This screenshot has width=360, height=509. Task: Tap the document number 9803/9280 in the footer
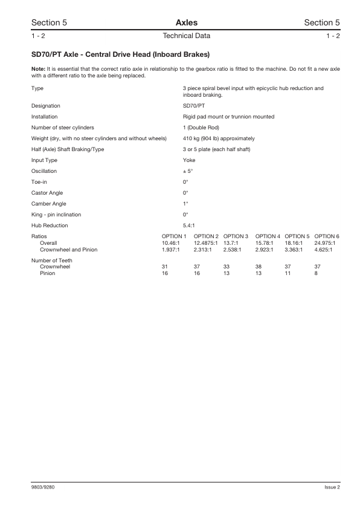coord(45,487)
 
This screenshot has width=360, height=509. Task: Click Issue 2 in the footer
coord(332,487)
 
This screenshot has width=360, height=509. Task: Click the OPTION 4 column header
coord(268,236)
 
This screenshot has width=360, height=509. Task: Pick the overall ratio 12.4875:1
coord(206,242)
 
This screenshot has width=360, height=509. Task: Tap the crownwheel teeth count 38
coord(259,267)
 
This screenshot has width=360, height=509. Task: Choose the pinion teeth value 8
coord(316,273)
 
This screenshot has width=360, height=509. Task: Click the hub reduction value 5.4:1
coord(188,225)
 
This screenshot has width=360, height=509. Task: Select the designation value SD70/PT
coord(193,106)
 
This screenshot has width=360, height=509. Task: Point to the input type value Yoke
coord(189,160)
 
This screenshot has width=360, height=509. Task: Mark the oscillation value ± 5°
coord(188,171)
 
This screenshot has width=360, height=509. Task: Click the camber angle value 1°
coord(185,204)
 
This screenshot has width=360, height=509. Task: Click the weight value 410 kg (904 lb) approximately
coord(219,138)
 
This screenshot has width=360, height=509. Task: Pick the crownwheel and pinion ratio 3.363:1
coord(297,249)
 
